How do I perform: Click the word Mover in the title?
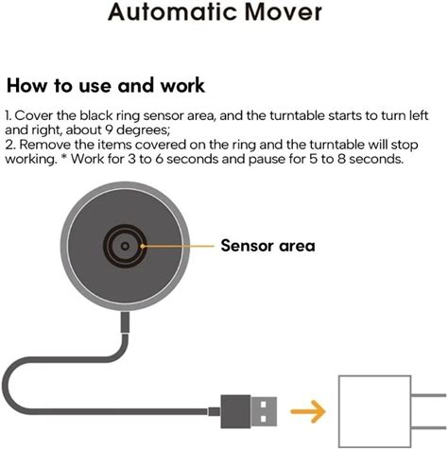tap(284, 12)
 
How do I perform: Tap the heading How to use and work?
tap(106, 85)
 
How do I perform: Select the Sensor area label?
tap(267, 246)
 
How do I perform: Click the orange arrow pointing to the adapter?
tap(308, 411)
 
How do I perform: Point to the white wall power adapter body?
tap(374, 411)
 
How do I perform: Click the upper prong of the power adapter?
tap(429, 395)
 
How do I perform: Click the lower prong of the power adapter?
tap(429, 427)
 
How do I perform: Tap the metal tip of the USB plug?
tap(264, 411)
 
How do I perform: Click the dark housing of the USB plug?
tap(235, 411)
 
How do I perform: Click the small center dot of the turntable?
tap(125, 246)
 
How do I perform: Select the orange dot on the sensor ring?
tap(143, 246)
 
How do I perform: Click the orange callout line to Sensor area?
tap(179, 246)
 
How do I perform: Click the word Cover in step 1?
tap(34, 115)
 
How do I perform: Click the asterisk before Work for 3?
tap(64, 156)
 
